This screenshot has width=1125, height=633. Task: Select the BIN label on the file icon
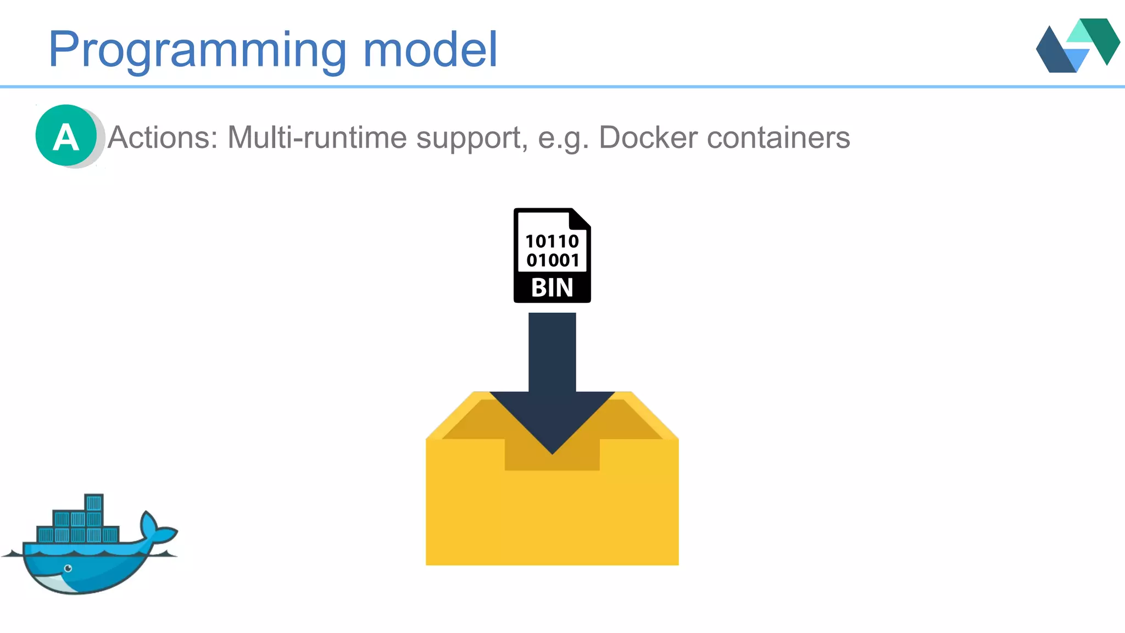tap(552, 288)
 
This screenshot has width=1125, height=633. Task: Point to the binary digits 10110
tap(552, 241)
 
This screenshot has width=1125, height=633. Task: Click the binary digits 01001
tap(553, 260)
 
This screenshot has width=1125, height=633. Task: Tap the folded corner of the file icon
tap(580, 218)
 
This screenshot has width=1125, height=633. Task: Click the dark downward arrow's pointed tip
tap(552, 451)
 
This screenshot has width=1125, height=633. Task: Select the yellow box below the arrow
tap(552, 517)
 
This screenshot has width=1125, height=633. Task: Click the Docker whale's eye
tap(68, 568)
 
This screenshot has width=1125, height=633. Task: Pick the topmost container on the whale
tap(94, 502)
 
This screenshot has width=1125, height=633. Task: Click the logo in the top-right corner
tap(1078, 45)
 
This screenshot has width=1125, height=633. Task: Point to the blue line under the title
tap(562, 87)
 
